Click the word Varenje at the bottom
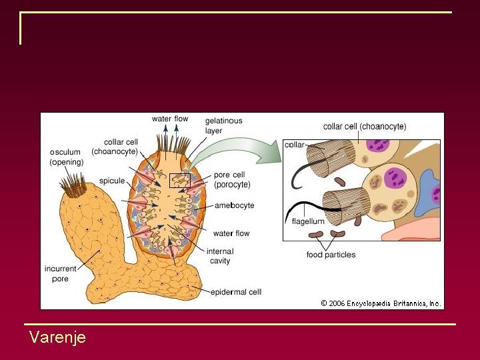click(57, 337)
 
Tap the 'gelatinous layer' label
click(223, 125)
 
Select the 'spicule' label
click(111, 181)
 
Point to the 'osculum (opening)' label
click(66, 157)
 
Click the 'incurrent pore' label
click(61, 273)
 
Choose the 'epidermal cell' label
click(236, 292)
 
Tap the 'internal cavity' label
click(219, 256)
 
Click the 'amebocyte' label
click(234, 205)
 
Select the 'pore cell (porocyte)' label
click(232, 179)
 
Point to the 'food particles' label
click(331, 255)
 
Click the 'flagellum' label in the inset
click(308, 221)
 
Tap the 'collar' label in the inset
click(294, 145)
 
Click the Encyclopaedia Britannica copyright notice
click(381, 303)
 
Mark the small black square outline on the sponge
click(180, 180)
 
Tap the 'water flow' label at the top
click(170, 119)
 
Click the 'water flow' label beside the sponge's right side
click(231, 233)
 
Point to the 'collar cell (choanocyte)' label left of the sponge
click(115, 147)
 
